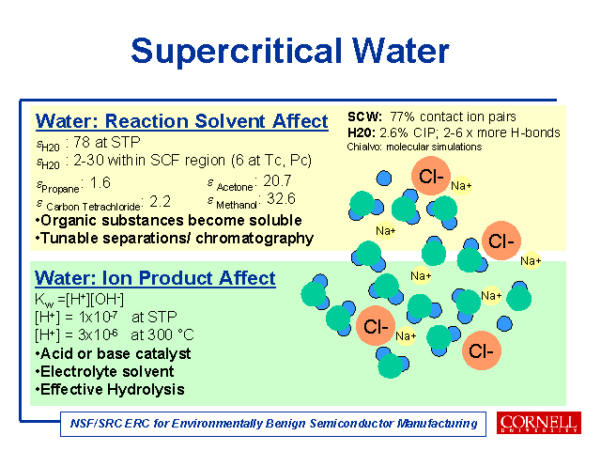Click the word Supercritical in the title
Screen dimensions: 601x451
point(236,52)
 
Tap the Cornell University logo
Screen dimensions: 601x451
point(538,423)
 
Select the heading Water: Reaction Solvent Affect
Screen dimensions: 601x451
point(182,121)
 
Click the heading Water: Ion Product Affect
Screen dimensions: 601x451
point(155,278)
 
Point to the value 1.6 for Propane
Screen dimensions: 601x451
point(100,183)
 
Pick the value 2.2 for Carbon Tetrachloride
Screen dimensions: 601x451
point(160,201)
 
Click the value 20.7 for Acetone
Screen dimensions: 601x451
point(278,180)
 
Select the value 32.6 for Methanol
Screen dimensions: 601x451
point(281,198)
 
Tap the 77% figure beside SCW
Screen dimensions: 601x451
point(402,117)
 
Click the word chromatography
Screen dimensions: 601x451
point(254,239)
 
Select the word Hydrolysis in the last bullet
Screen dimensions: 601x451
point(146,390)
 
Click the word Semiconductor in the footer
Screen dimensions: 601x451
point(351,424)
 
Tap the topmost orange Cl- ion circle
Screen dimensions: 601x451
point(431,176)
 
